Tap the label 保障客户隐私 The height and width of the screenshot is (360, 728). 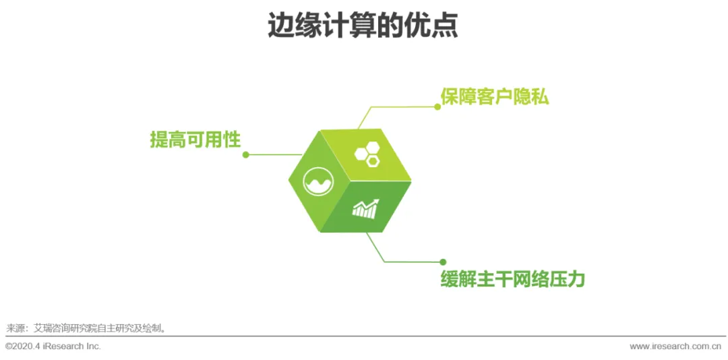coord(494,96)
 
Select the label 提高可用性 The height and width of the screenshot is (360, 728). coord(195,140)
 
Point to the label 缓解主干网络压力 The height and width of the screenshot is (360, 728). coord(512,278)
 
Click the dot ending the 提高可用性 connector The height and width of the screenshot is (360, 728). coord(246,154)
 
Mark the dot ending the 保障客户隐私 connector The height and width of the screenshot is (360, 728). coord(437,107)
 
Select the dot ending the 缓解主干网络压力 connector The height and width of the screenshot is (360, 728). coord(443,262)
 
